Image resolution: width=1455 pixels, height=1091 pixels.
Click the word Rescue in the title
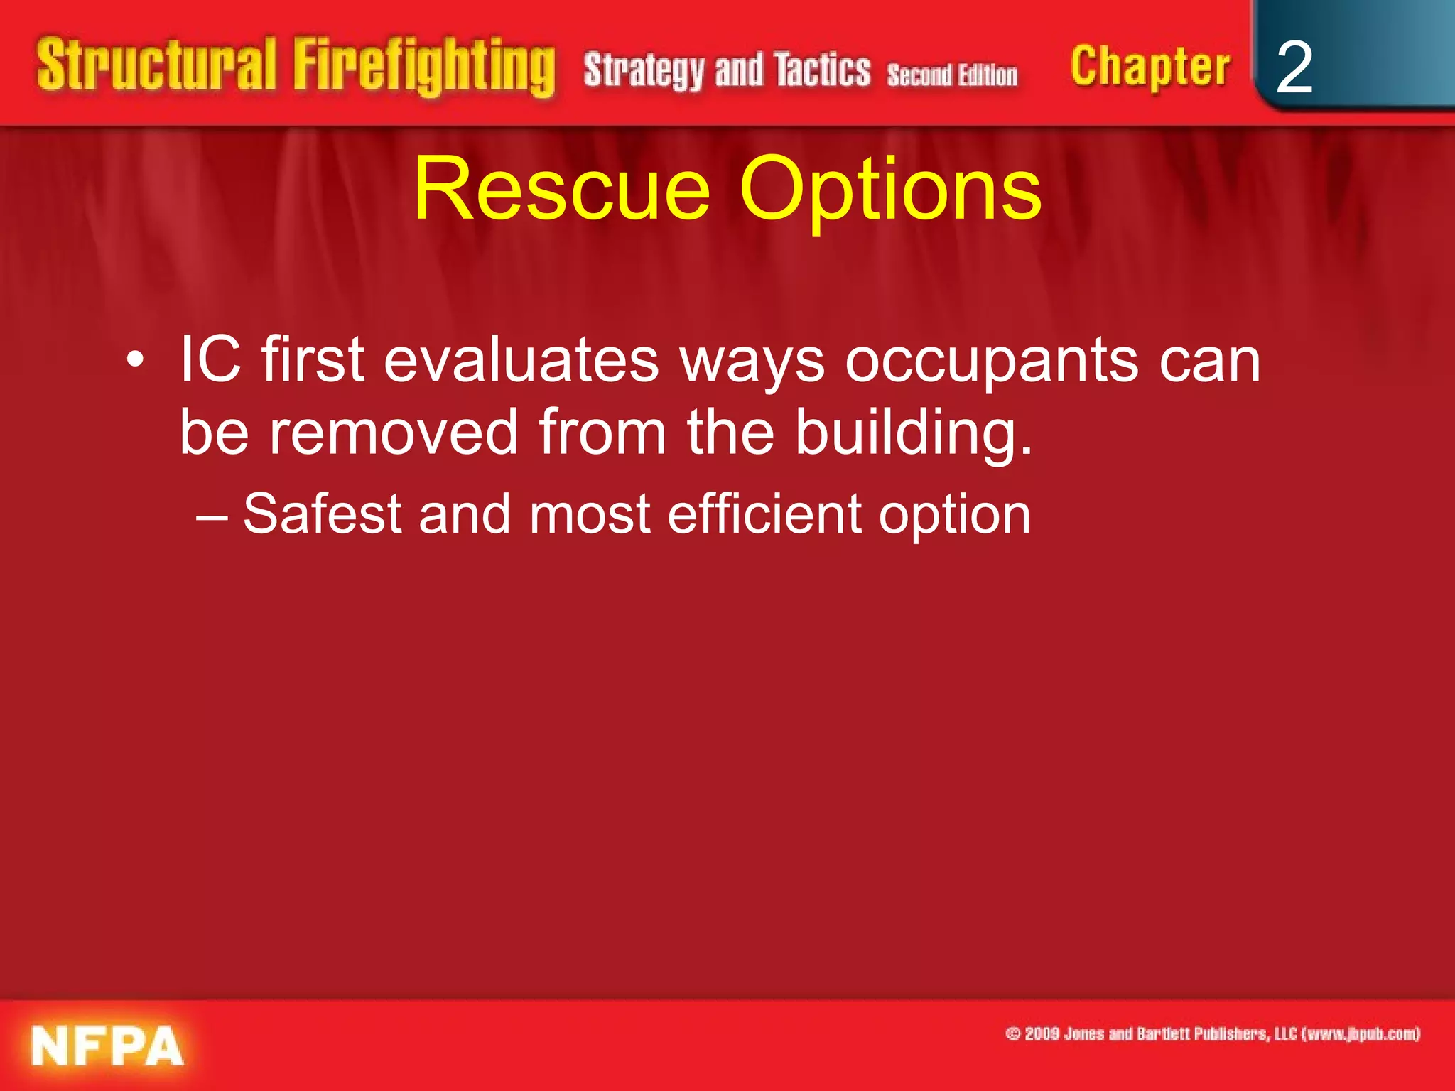[561, 190]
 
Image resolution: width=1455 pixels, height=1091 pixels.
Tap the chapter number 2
[1294, 67]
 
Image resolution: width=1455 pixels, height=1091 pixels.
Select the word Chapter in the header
[1150, 67]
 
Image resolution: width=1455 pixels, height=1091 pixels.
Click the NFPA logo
[107, 1046]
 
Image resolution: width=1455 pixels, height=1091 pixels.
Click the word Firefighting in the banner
[424, 67]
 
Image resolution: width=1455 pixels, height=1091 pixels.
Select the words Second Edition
[952, 75]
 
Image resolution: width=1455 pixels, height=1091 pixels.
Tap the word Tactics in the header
[822, 70]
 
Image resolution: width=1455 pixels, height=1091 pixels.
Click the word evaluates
[521, 360]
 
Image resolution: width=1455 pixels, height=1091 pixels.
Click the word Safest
[323, 514]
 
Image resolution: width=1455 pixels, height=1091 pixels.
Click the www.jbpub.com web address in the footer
[1361, 1033]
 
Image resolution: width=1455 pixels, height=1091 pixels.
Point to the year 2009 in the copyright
[1042, 1033]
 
